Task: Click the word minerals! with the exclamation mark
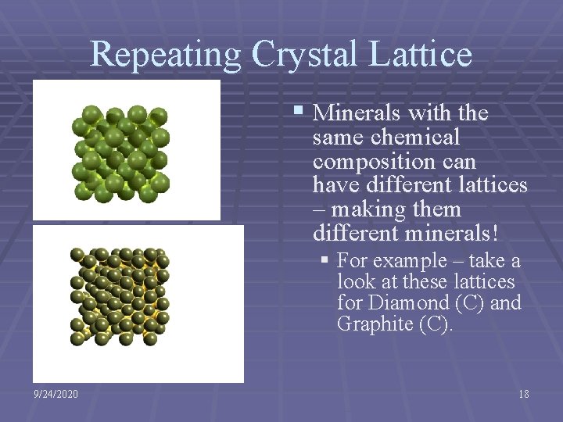pyautogui.click(x=438, y=234)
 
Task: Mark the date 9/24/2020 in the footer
pyautogui.click(x=56, y=394)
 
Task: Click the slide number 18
pyautogui.click(x=523, y=394)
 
